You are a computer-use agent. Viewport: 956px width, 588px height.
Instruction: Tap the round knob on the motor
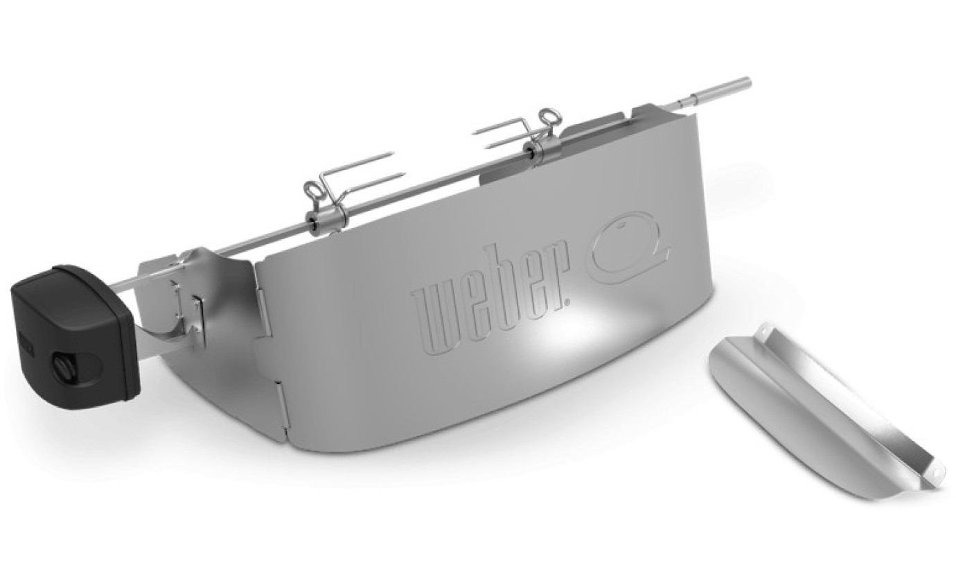[64, 365]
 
